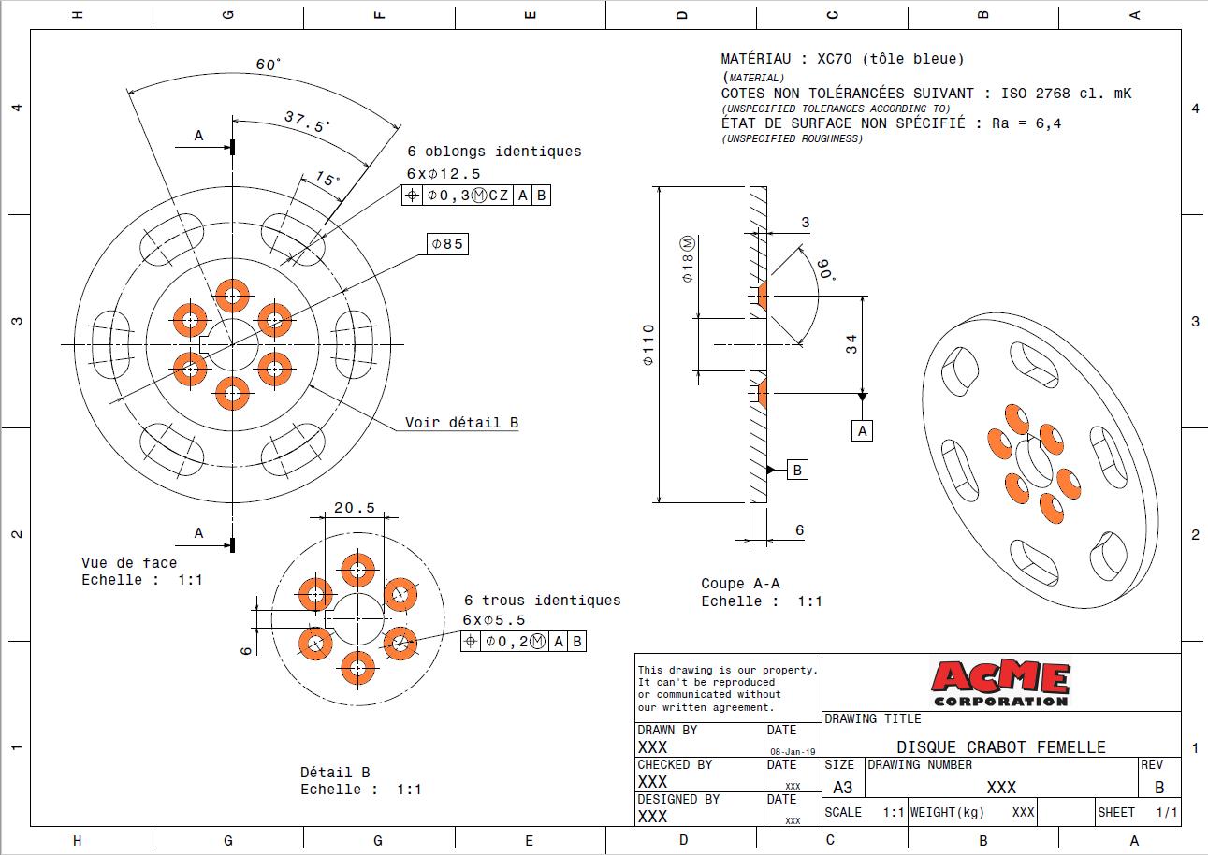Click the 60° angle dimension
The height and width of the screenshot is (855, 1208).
pos(268,65)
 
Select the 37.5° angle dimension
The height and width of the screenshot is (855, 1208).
pos(308,122)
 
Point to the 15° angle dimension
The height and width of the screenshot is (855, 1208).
pos(327,178)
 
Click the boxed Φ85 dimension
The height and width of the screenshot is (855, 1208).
pos(447,244)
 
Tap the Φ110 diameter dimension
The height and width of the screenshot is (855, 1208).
pos(648,345)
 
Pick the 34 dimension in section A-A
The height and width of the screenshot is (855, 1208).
pos(851,344)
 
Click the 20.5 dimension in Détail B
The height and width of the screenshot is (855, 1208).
pos(355,508)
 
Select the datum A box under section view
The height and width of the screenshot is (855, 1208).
pos(862,431)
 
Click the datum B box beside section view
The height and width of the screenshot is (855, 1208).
pos(797,471)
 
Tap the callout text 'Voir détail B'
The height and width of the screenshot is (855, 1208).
pos(461,423)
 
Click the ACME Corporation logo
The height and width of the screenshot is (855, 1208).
pos(1001,683)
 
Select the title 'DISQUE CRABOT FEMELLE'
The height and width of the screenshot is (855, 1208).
pos(1001,747)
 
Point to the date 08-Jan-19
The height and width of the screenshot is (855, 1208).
pos(793,751)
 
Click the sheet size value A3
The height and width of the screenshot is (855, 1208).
pos(843,788)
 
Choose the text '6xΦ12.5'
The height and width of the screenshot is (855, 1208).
pos(444,174)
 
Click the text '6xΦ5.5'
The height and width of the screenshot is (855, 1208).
pos(493,620)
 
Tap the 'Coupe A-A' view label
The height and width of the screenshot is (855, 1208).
pos(740,584)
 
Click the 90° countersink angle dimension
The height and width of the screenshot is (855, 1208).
pos(826,269)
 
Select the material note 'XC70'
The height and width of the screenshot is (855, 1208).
pos(835,59)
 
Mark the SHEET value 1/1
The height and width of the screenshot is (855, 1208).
pos(1167,812)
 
